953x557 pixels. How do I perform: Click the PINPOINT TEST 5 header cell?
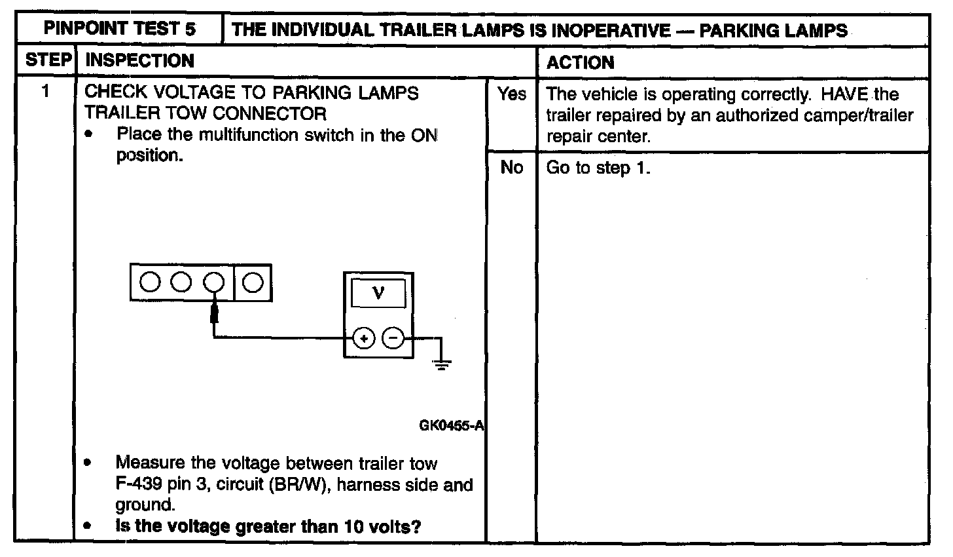pyautogui.click(x=119, y=29)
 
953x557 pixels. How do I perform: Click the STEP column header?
pyautogui.click(x=48, y=61)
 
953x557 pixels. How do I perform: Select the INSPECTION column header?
pyautogui.click(x=140, y=61)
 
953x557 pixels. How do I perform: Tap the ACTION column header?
pyautogui.click(x=580, y=63)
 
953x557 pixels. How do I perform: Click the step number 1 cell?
pyautogui.click(x=45, y=92)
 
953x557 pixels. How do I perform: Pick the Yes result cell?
pyautogui.click(x=511, y=94)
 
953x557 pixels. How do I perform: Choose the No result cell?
pyautogui.click(x=511, y=168)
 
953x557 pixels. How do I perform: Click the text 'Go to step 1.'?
pyautogui.click(x=598, y=168)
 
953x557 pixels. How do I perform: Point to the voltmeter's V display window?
pyautogui.click(x=378, y=293)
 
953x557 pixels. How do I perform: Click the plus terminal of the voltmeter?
pyautogui.click(x=364, y=339)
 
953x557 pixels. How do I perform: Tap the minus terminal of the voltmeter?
pyautogui.click(x=393, y=339)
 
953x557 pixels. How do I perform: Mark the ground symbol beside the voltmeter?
pyautogui.click(x=443, y=364)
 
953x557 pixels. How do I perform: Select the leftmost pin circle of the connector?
pyautogui.click(x=151, y=282)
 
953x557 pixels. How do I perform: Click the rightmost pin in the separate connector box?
pyautogui.click(x=253, y=282)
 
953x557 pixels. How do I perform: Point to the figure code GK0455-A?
pyautogui.click(x=451, y=425)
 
